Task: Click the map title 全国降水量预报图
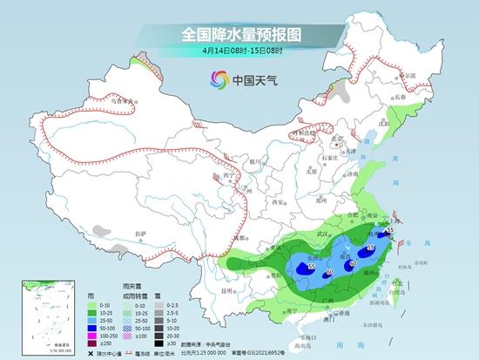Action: (x=239, y=35)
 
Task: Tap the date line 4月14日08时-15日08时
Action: (x=239, y=53)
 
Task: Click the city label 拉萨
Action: (x=141, y=234)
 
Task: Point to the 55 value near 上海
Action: (x=389, y=230)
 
